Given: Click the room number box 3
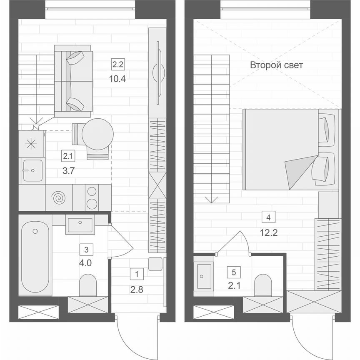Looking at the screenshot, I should [86, 250].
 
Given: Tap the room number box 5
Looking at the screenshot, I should [234, 272].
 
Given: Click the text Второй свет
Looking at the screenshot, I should [276, 65].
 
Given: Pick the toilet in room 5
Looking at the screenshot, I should [263, 285].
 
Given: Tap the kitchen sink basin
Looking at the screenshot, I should [32, 170].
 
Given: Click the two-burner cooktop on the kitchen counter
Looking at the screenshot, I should [91, 197].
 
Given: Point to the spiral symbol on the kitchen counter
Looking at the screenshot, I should [58, 197].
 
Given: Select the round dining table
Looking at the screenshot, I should [97, 133].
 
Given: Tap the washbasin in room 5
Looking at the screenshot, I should [204, 275].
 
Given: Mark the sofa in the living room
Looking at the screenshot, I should [73, 81].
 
